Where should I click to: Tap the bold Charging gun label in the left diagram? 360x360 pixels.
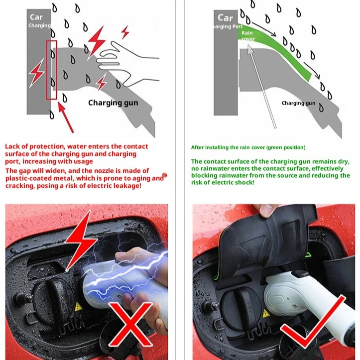(113, 103)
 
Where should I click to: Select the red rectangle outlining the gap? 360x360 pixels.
(52, 69)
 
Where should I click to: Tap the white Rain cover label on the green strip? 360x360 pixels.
(247, 36)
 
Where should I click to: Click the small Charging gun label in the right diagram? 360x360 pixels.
(298, 103)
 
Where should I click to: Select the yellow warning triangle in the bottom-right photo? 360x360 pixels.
(266, 313)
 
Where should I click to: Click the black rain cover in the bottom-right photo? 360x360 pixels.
(271, 239)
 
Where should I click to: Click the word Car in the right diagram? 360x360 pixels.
(226, 17)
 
